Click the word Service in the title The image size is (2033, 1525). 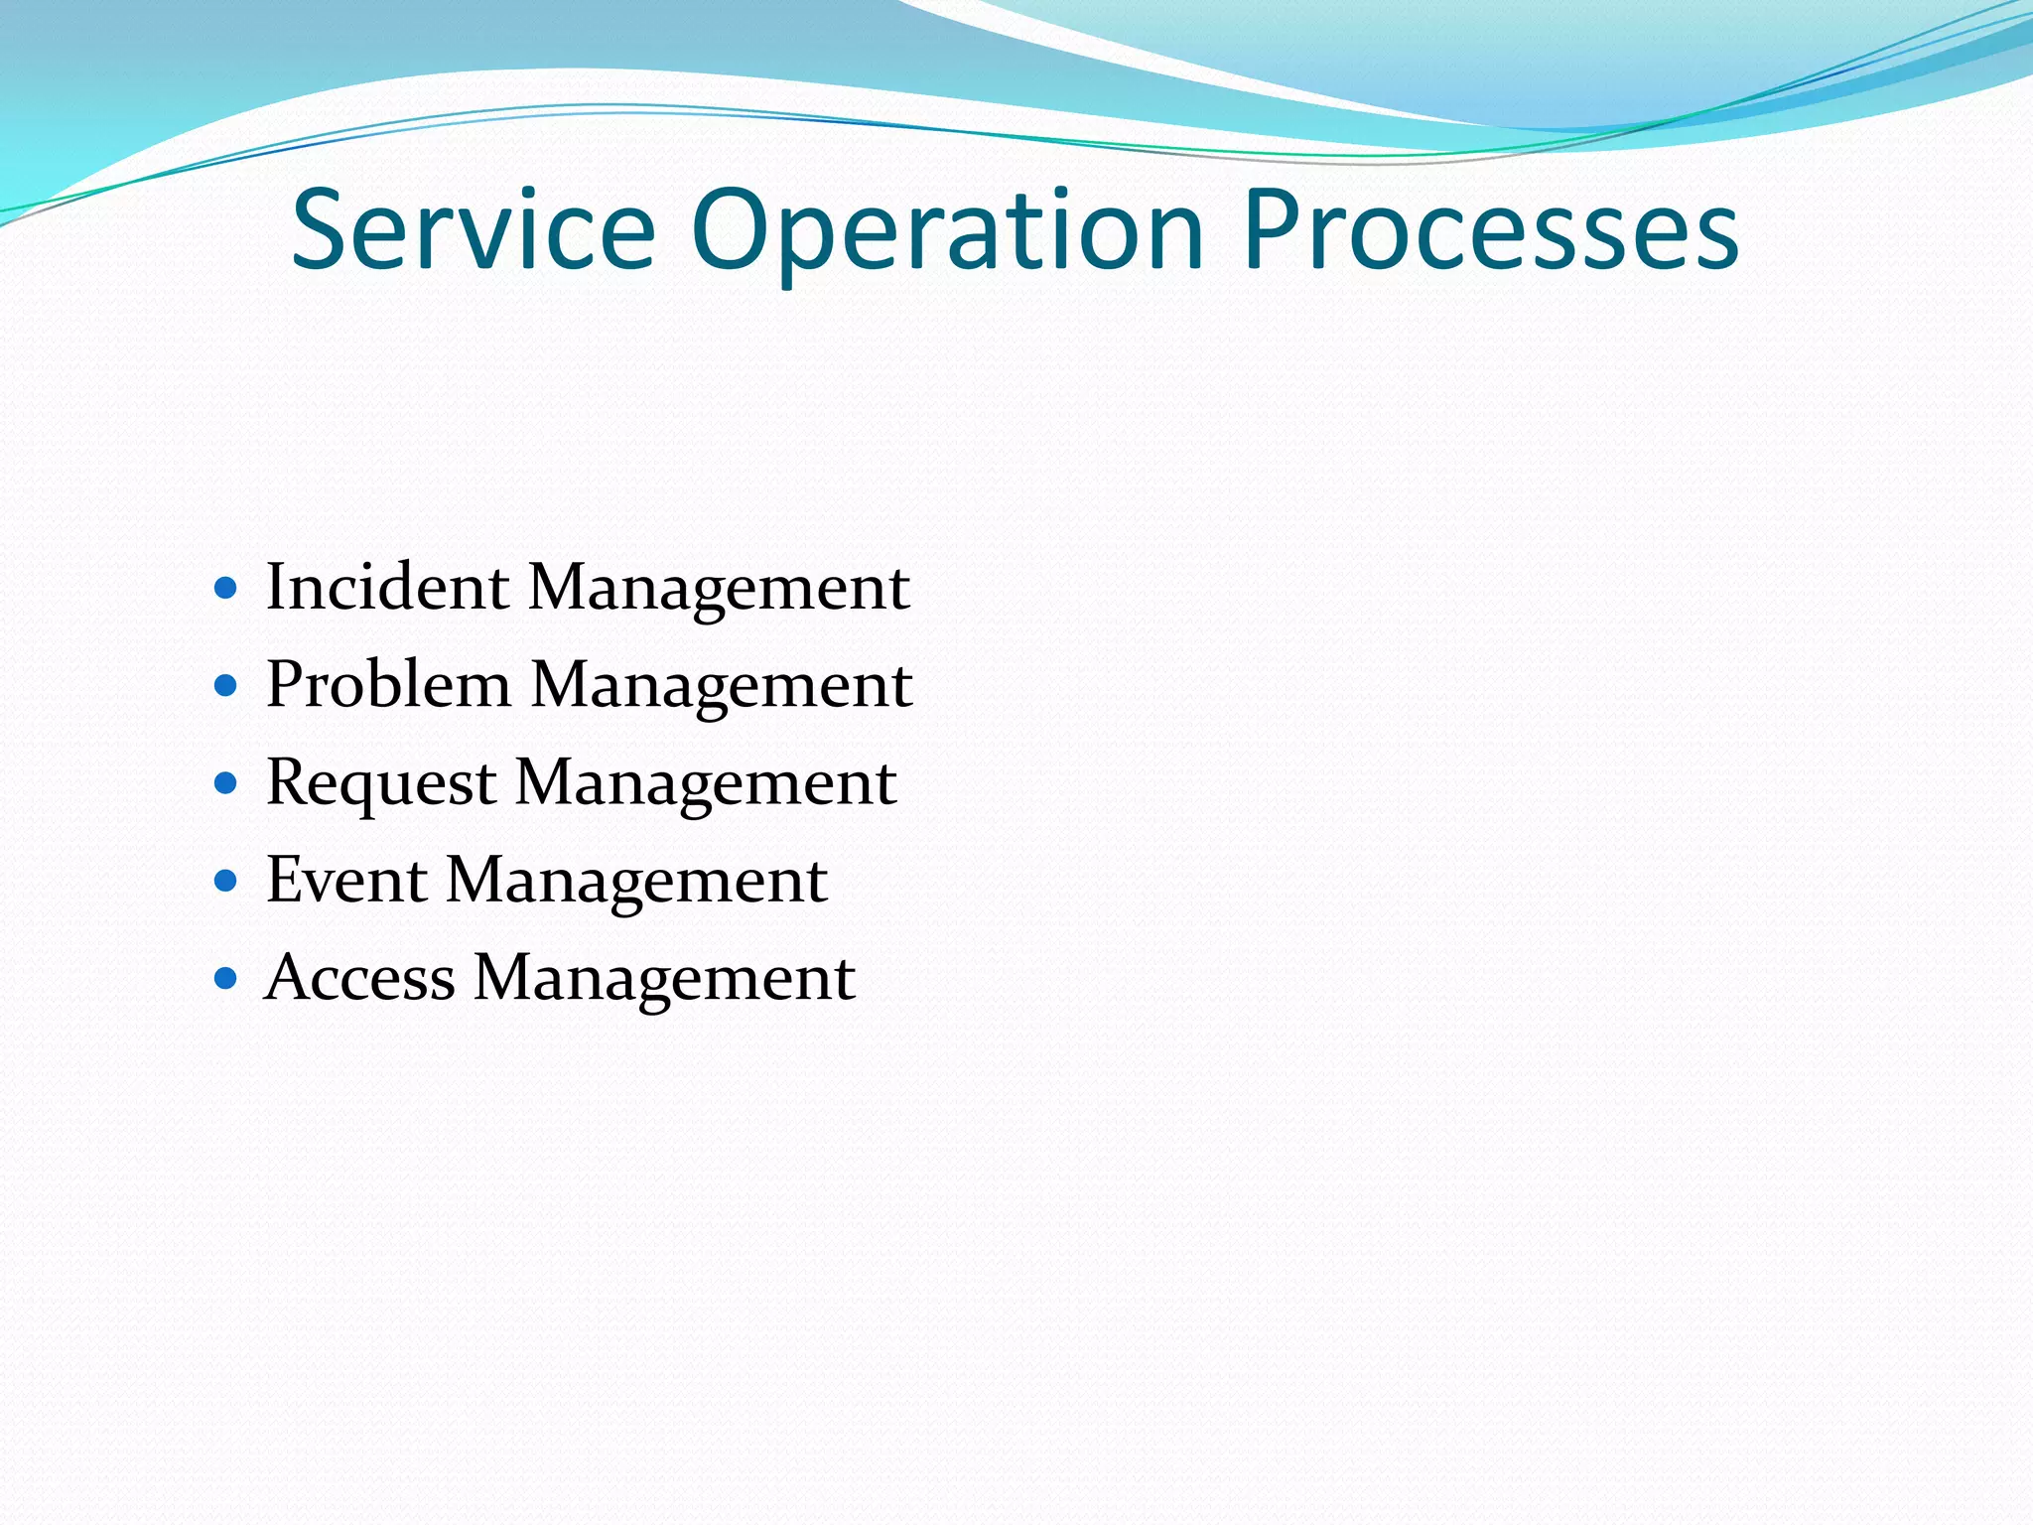point(474,230)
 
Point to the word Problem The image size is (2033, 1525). point(389,684)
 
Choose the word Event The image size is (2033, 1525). point(346,880)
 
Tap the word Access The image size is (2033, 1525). point(360,977)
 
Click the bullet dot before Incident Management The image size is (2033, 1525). point(226,589)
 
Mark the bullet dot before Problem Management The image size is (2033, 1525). point(226,686)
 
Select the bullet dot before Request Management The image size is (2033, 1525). point(226,783)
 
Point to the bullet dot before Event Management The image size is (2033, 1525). point(226,881)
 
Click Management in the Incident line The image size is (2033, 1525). point(719,589)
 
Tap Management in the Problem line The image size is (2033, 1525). point(722,686)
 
